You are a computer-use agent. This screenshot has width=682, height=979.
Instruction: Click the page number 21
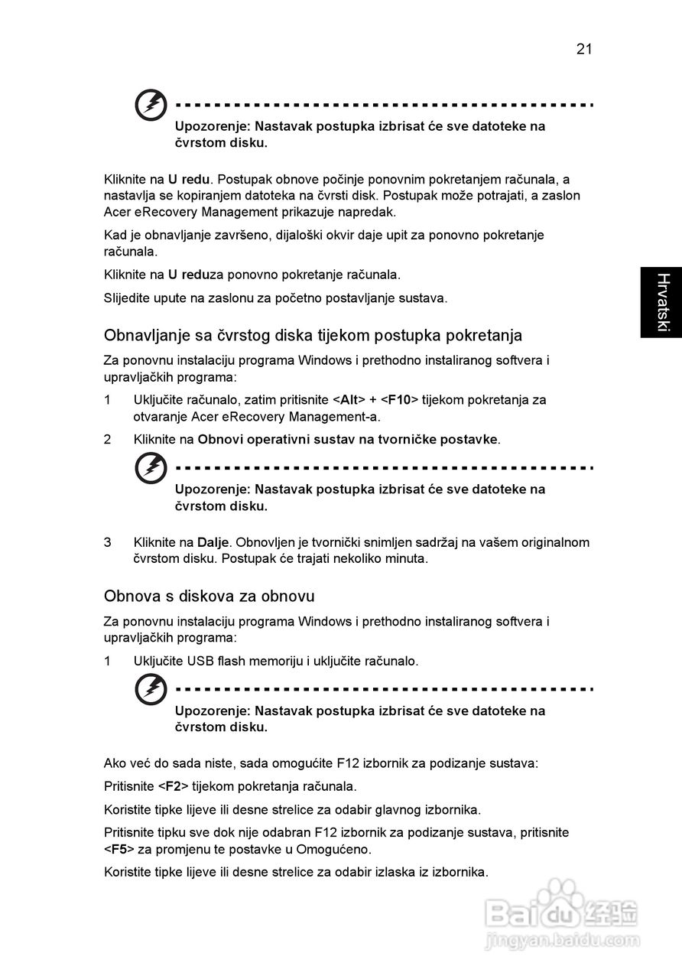(584, 50)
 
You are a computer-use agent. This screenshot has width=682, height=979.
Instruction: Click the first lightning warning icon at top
(151, 106)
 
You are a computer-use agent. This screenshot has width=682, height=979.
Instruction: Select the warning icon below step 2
(151, 468)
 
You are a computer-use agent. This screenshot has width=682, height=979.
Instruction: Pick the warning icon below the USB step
(151, 690)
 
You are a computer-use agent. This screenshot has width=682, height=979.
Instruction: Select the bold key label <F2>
(173, 785)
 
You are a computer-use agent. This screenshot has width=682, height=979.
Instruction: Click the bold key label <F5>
(119, 849)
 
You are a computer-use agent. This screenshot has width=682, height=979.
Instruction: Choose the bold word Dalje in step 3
(213, 542)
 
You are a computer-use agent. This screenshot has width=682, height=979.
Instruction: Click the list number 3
(108, 542)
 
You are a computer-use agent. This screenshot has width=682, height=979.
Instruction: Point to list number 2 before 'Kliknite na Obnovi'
(108, 439)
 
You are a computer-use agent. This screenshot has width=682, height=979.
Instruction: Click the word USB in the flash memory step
(200, 661)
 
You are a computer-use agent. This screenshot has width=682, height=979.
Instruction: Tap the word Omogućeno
(340, 849)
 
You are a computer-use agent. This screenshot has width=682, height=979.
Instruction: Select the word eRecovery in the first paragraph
(168, 212)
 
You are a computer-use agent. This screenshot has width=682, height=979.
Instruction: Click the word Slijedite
(128, 298)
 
